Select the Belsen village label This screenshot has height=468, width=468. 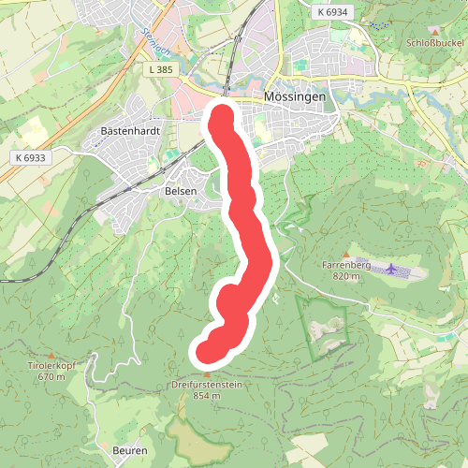pos(181,191)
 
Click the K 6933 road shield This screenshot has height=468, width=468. pos(30,158)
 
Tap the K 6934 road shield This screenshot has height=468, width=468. pos(331,12)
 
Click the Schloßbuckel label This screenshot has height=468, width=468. pos(434,44)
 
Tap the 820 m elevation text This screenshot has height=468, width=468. pos(345,276)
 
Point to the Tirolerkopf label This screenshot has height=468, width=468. pos(52,367)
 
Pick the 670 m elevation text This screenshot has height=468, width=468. pos(52,377)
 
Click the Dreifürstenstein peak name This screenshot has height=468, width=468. pos(207,385)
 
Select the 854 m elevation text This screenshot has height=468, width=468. pos(207,396)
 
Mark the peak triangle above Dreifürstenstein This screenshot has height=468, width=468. pos(207,373)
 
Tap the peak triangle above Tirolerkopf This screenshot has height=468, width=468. pos(52,355)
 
